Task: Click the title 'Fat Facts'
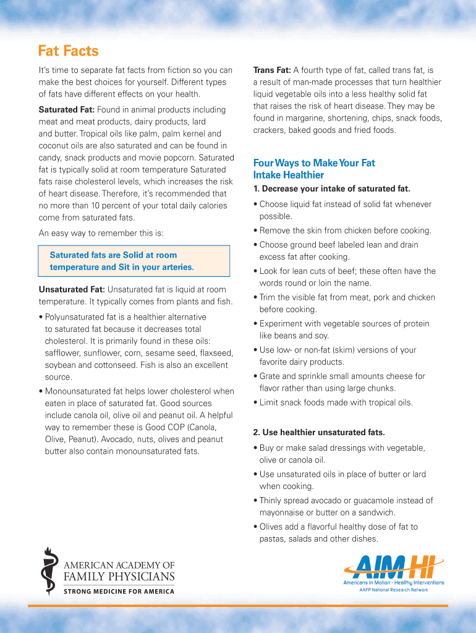click(68, 51)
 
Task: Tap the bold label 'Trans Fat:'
click(272, 70)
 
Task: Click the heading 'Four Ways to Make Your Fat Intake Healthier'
click(314, 169)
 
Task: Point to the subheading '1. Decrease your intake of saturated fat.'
click(331, 189)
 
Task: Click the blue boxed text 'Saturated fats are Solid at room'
click(113, 255)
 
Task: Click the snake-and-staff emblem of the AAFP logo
click(48, 570)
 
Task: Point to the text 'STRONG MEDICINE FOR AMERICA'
click(119, 591)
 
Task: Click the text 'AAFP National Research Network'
click(393, 590)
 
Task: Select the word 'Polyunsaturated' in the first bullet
click(75, 317)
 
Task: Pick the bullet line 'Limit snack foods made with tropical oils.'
click(336, 402)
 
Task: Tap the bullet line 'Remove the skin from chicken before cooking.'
click(345, 231)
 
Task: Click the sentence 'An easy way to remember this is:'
click(101, 233)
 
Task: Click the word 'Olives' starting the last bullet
click(271, 527)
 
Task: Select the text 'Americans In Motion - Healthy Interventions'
click(393, 582)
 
